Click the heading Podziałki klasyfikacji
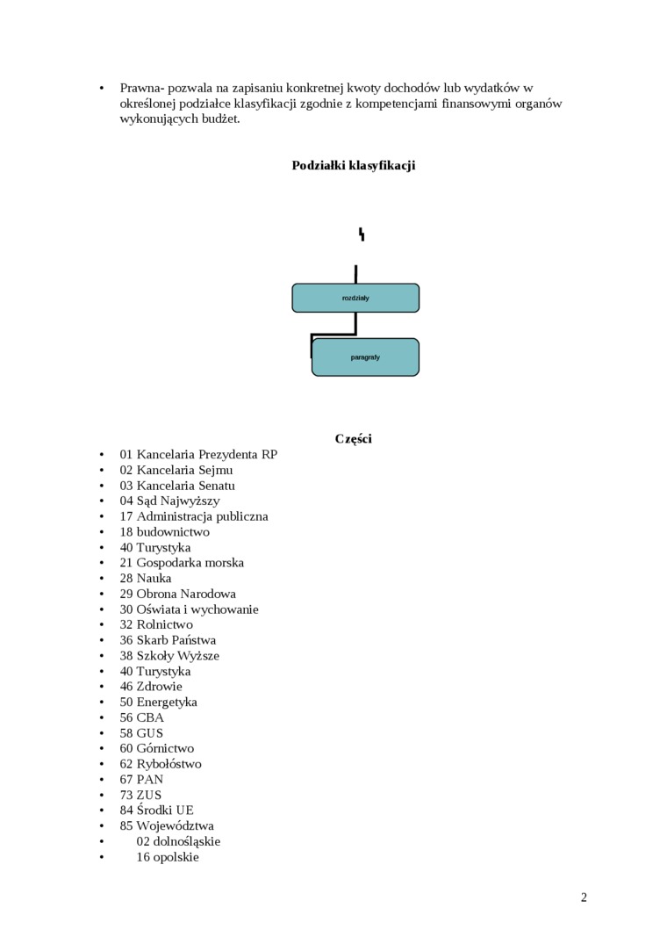353,165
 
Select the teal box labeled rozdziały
355,298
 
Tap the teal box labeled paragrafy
365,357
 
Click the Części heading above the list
353,438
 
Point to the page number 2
584,897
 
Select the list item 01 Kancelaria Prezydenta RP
198,454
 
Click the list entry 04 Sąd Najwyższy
170,501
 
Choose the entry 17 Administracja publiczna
194,516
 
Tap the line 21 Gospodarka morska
182,563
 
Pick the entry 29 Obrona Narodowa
178,594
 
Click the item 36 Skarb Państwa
168,640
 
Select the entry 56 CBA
142,717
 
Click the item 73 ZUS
140,795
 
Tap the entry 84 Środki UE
157,810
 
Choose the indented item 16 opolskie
168,856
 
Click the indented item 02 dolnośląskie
178,841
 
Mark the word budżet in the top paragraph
220,119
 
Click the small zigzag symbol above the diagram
361,234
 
